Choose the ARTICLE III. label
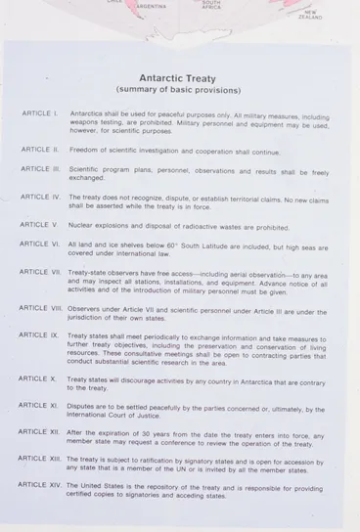click(x=41, y=168)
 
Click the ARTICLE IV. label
click(x=41, y=197)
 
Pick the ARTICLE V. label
click(x=40, y=225)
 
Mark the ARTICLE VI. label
click(x=41, y=244)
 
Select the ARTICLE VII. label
click(x=41, y=272)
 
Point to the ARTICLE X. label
click(x=39, y=378)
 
